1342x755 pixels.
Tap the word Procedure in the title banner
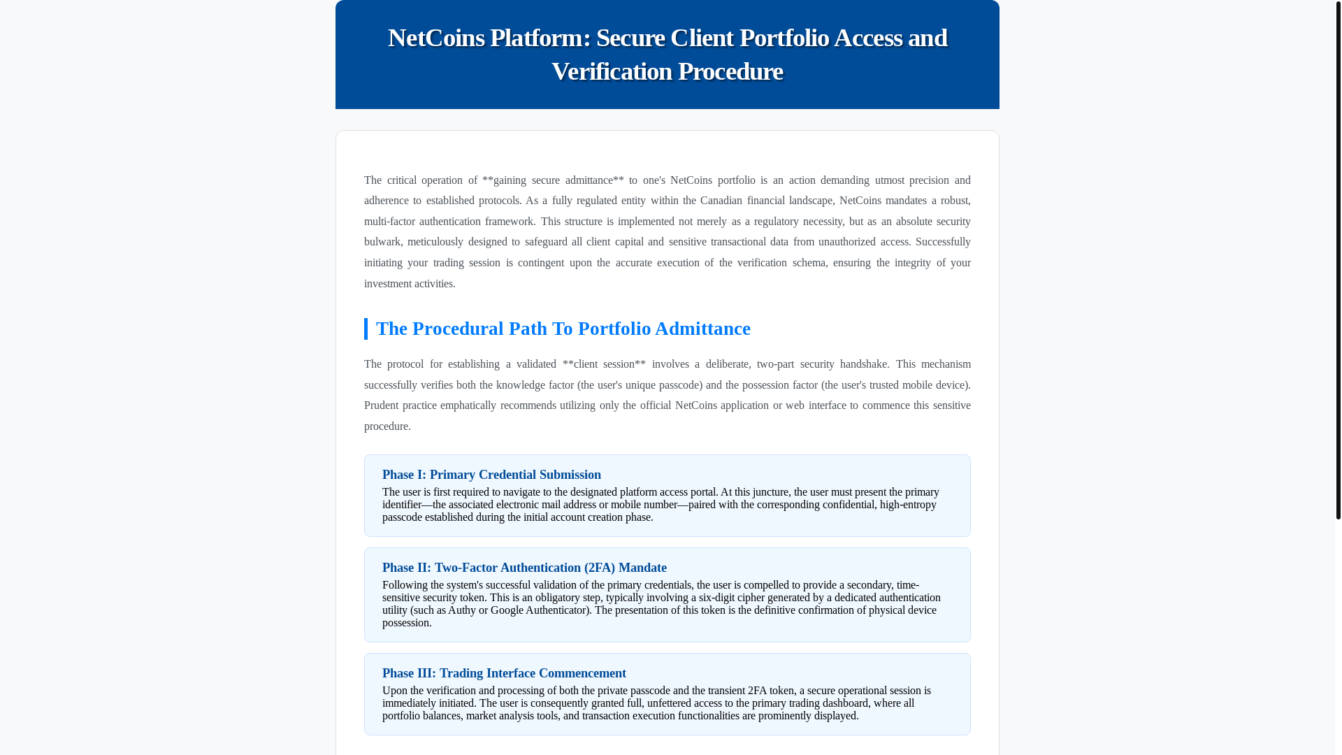730,71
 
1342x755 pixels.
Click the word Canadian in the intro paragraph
721,201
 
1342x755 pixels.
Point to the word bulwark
382,242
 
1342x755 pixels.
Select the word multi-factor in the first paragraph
389,222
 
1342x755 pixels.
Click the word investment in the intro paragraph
387,284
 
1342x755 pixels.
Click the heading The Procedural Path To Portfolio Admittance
563,329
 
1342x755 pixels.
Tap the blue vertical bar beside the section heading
366,329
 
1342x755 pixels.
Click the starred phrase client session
604,364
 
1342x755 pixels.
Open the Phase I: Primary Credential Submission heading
491,475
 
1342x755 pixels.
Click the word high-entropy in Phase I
908,505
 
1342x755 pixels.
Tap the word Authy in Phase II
461,610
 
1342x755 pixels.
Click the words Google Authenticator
538,610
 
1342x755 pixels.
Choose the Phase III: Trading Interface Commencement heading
504,673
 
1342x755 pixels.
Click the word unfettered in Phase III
674,703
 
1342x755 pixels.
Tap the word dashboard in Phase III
845,703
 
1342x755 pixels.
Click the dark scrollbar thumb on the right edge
1338,259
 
